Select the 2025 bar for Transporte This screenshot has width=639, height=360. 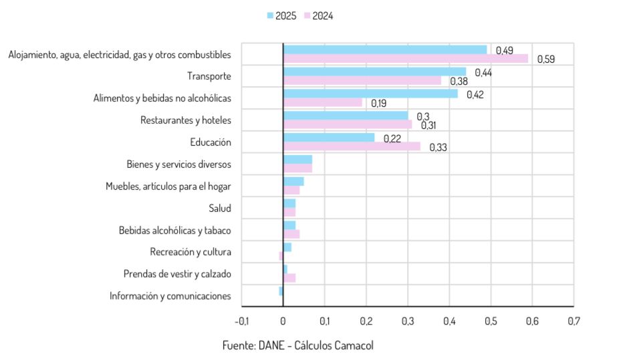(x=374, y=71)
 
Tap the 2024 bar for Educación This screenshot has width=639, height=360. (x=352, y=146)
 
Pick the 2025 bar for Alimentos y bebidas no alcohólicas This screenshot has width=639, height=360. (x=370, y=94)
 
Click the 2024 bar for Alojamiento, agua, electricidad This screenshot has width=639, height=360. (x=405, y=59)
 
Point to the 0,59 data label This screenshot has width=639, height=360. (x=545, y=59)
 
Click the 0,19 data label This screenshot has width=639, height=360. (x=378, y=104)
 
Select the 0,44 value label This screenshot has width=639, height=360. (x=483, y=72)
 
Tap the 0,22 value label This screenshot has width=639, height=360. (x=392, y=138)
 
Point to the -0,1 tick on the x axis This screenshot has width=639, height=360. (x=241, y=321)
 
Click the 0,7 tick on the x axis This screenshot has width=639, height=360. (x=573, y=321)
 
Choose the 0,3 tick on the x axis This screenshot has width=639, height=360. (x=408, y=321)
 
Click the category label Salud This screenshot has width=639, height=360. (x=219, y=208)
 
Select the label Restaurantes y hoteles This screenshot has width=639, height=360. (x=185, y=120)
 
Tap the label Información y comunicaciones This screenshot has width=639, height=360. (x=170, y=296)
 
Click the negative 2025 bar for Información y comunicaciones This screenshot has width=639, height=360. (x=281, y=291)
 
